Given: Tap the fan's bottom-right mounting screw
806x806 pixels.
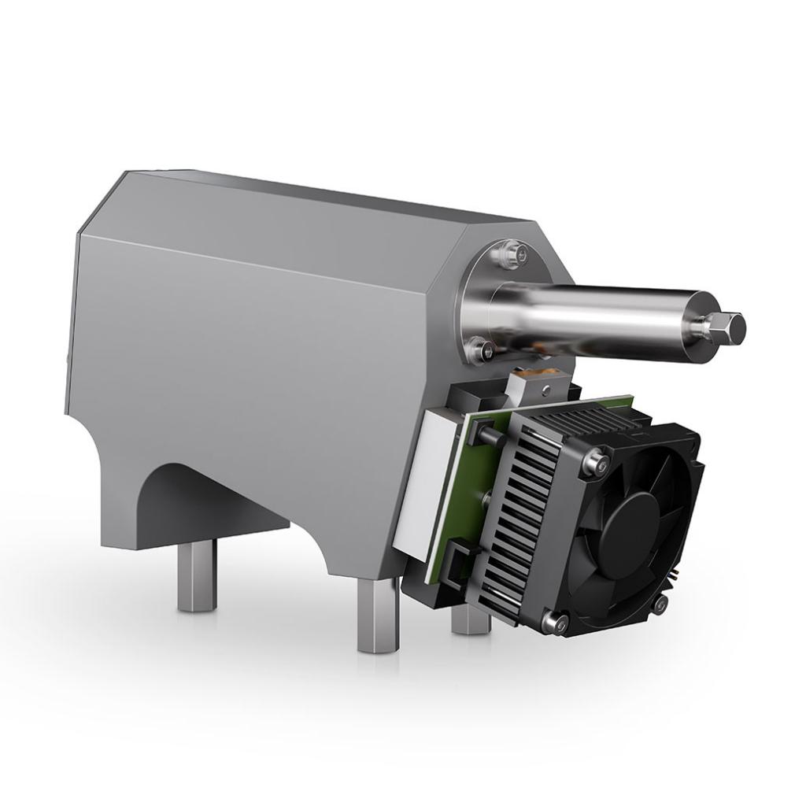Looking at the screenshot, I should click(660, 604).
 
